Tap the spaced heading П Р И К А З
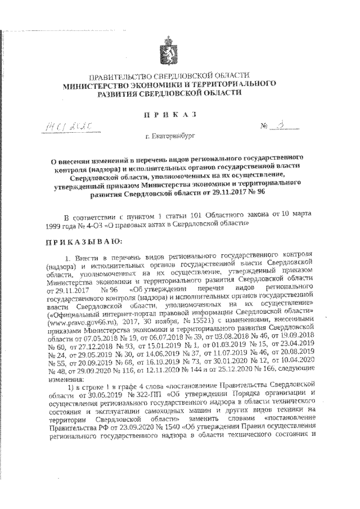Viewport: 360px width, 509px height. pos(169,114)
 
